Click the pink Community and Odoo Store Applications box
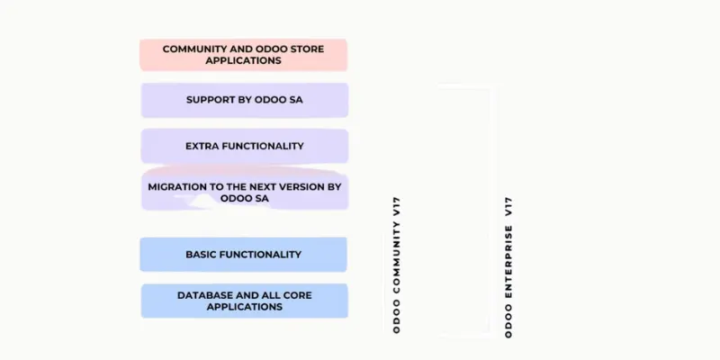[243, 54]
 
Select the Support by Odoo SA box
[244, 100]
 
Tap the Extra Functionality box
[244, 146]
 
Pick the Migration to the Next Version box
[244, 192]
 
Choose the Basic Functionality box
[243, 255]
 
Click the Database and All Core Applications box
[244, 301]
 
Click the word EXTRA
[202, 146]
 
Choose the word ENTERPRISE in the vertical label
[508, 266]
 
